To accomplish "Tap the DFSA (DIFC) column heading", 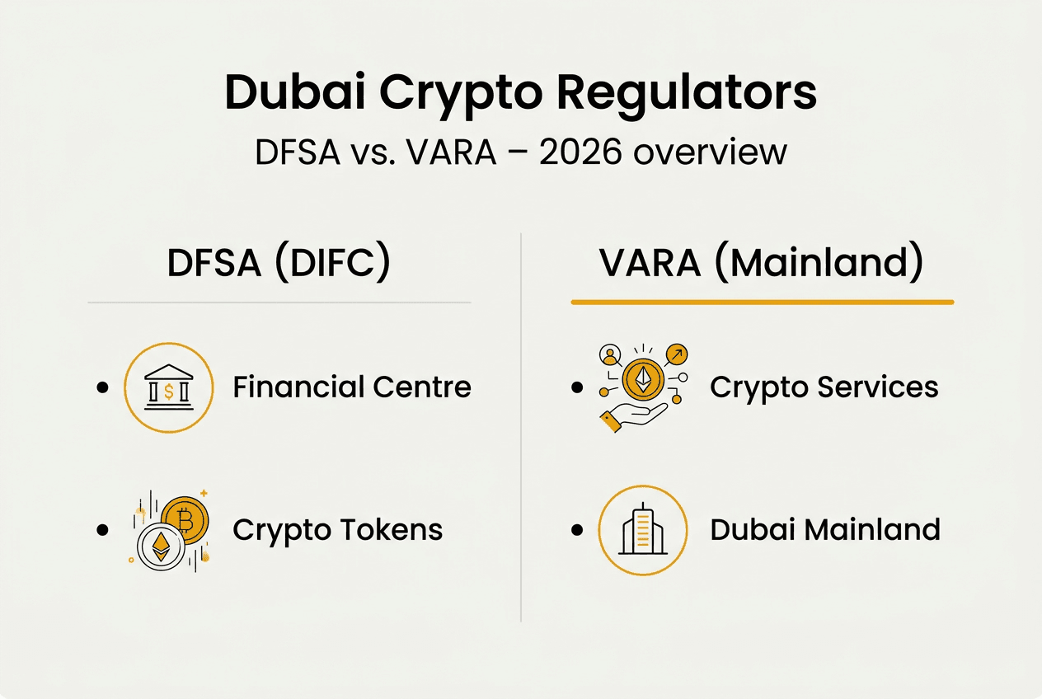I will [279, 263].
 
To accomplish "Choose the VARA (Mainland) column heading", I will [761, 263].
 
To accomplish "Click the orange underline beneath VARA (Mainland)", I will [762, 303].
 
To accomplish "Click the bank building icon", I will [168, 387].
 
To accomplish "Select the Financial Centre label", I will [352, 387].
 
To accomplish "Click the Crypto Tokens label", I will [337, 529].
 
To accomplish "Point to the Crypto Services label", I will [824, 387].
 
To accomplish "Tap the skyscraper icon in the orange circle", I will [642, 529].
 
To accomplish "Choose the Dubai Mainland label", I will [824, 529].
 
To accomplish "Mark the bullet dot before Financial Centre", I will [102, 387].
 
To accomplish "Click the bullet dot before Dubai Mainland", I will [577, 529].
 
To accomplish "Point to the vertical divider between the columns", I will [521, 429].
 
